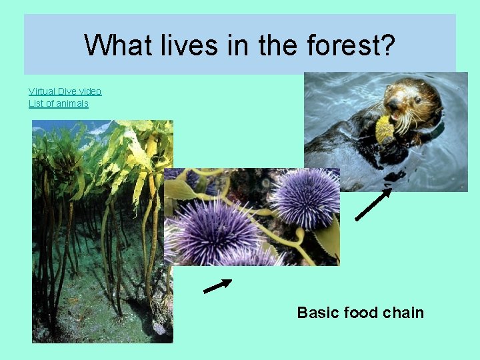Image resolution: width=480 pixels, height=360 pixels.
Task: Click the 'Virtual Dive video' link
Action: click(65, 91)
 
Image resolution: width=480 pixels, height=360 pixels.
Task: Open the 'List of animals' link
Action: click(58, 103)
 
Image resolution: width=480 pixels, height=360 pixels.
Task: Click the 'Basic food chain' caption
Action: click(360, 313)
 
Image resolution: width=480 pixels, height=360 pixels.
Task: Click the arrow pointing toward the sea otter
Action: click(373, 204)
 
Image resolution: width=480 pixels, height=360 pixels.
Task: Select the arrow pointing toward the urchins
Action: click(217, 286)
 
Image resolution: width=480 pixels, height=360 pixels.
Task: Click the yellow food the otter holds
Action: click(385, 129)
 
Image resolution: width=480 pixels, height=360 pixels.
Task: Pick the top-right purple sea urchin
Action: click(305, 197)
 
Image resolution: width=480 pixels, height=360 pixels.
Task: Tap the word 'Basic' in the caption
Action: click(317, 313)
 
